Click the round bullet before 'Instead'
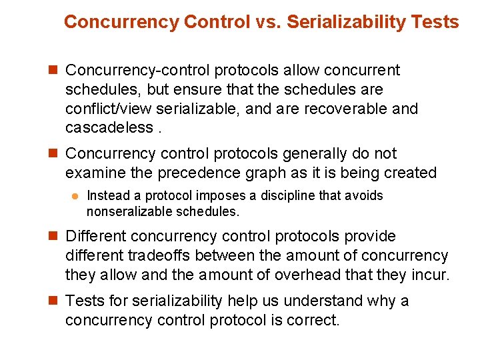75,196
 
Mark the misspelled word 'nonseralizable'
127,212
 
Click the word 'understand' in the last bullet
324,301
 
